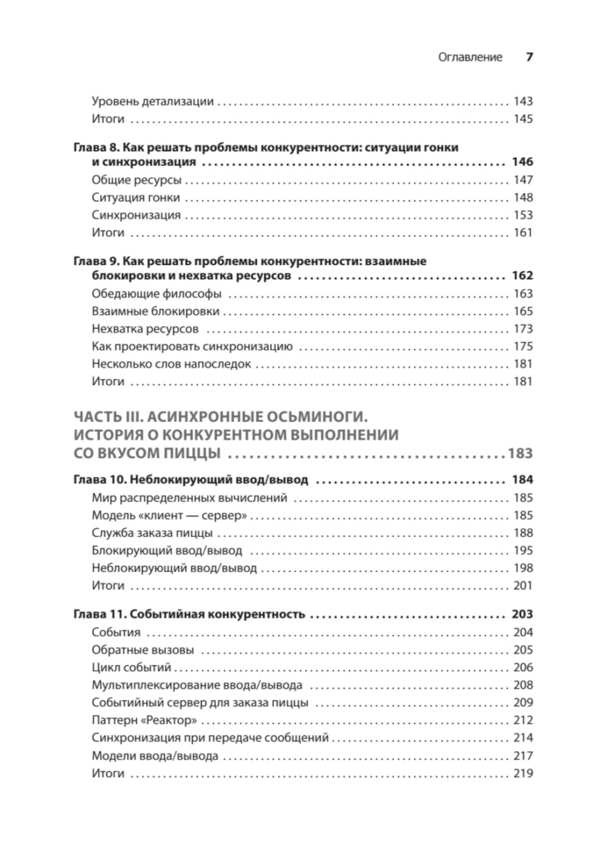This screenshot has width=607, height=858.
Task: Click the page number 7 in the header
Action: click(529, 57)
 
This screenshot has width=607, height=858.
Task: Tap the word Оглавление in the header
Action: click(470, 58)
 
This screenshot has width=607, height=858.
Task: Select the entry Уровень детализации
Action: click(152, 101)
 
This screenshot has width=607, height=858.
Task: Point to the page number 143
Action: click(523, 101)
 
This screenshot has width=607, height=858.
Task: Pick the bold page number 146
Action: click(522, 162)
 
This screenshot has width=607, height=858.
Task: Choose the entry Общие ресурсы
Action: click(137, 180)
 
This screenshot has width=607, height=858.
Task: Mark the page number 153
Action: click(523, 215)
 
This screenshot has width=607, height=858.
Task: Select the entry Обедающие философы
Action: click(157, 293)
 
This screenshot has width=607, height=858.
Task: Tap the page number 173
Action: click(523, 329)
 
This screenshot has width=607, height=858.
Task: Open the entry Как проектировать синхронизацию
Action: click(192, 346)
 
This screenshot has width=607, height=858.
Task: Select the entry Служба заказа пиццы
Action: click(152, 533)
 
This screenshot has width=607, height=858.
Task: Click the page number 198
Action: click(523, 568)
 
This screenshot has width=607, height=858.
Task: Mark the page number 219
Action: click(523, 773)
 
